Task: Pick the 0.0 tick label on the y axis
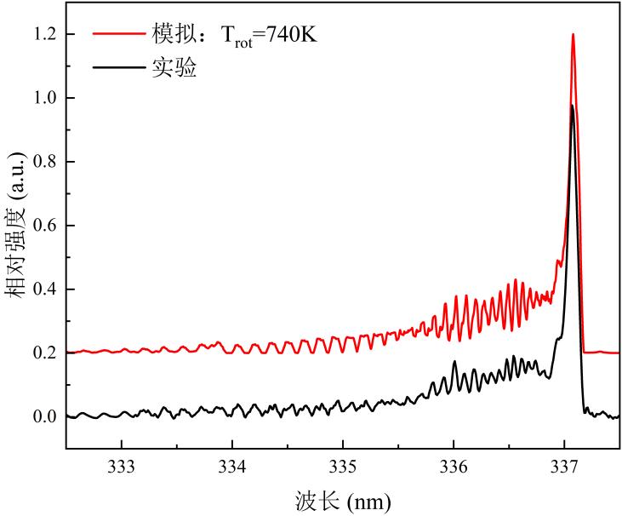[43, 416]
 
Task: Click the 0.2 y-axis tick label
[43, 353]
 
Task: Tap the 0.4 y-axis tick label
[43, 289]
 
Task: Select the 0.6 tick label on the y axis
[43, 226]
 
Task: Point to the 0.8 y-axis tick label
[43, 162]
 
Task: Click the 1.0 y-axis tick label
[43, 98]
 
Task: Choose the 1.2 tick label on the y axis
[43, 34]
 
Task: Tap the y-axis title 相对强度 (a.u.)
[15, 225]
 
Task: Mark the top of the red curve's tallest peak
[573, 35]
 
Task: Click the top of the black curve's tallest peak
[572, 106]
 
